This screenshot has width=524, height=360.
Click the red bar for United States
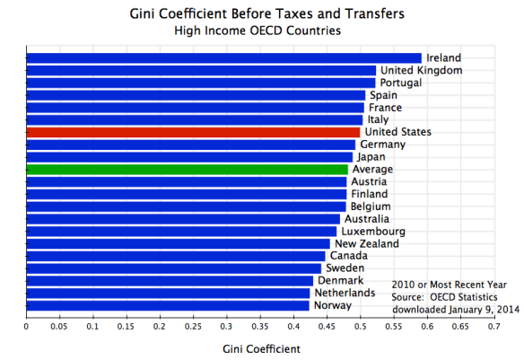[193, 132]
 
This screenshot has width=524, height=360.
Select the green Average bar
[187, 169]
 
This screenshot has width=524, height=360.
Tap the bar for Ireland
[224, 58]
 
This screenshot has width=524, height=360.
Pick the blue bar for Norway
[168, 305]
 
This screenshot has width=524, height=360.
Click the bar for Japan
[189, 157]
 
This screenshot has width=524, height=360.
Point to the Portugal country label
[402, 83]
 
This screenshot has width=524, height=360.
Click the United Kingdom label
[421, 70]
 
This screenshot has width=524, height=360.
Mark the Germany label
[382, 145]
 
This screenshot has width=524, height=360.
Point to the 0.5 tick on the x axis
[360, 328]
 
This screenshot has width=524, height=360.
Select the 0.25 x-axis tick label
[193, 328]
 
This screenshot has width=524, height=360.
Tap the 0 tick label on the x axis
[27, 328]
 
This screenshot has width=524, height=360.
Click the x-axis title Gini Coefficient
[260, 347]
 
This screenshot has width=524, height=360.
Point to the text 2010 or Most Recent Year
[443, 284]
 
